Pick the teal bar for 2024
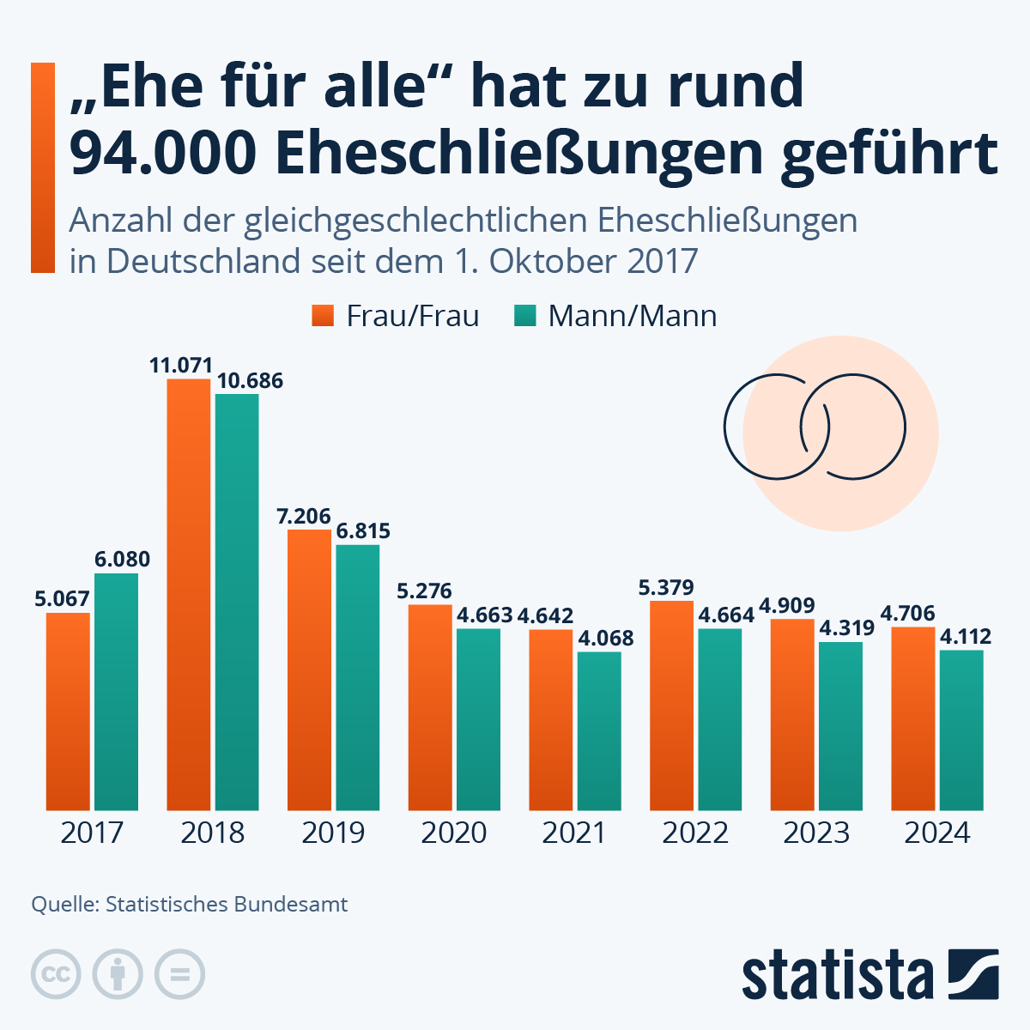pos(961,730)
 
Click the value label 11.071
pos(180,366)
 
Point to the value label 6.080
pos(122,560)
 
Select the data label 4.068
pos(606,639)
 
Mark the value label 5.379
pos(666,588)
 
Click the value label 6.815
pos(363,531)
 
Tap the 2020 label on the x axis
pos(454,833)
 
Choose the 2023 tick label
pos(816,833)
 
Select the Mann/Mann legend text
pos(633,316)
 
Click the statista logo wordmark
pos(838,975)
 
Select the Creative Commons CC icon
pos(56,975)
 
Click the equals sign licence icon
pos(180,975)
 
